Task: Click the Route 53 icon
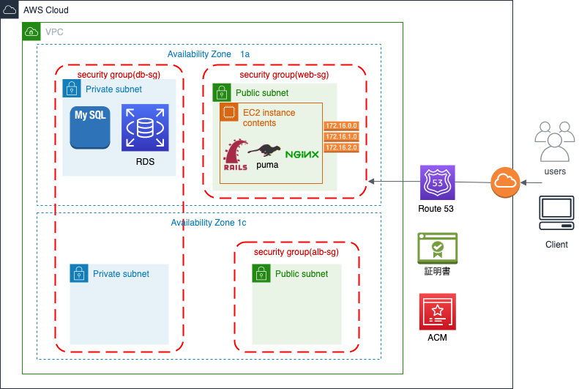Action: click(x=438, y=182)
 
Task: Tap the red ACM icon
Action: click(x=438, y=311)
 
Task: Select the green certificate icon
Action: click(x=437, y=248)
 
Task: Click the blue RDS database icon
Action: click(x=145, y=127)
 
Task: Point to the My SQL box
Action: click(x=90, y=127)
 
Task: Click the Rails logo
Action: click(x=235, y=155)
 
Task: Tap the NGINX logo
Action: click(x=302, y=155)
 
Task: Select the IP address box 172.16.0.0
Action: click(x=341, y=126)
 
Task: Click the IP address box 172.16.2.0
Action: click(x=341, y=147)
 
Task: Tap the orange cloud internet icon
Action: click(x=505, y=182)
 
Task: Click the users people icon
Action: click(x=553, y=142)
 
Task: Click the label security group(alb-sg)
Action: click(x=296, y=252)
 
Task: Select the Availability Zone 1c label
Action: click(x=209, y=223)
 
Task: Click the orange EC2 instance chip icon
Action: click(x=229, y=112)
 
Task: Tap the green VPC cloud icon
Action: click(x=31, y=32)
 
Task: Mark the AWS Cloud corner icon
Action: click(x=10, y=10)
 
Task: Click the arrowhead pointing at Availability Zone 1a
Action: click(x=372, y=181)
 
